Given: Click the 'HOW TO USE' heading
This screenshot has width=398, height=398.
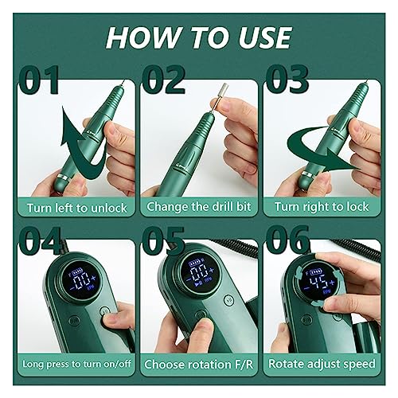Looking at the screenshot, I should (x=199, y=37).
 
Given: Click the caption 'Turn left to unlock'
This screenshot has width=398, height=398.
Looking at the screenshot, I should (x=72, y=206).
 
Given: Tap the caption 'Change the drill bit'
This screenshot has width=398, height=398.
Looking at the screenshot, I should (x=199, y=206).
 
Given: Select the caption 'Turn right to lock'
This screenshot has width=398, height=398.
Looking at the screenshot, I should (x=325, y=206).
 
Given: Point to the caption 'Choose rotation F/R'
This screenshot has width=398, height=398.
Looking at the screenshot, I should (x=199, y=365).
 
